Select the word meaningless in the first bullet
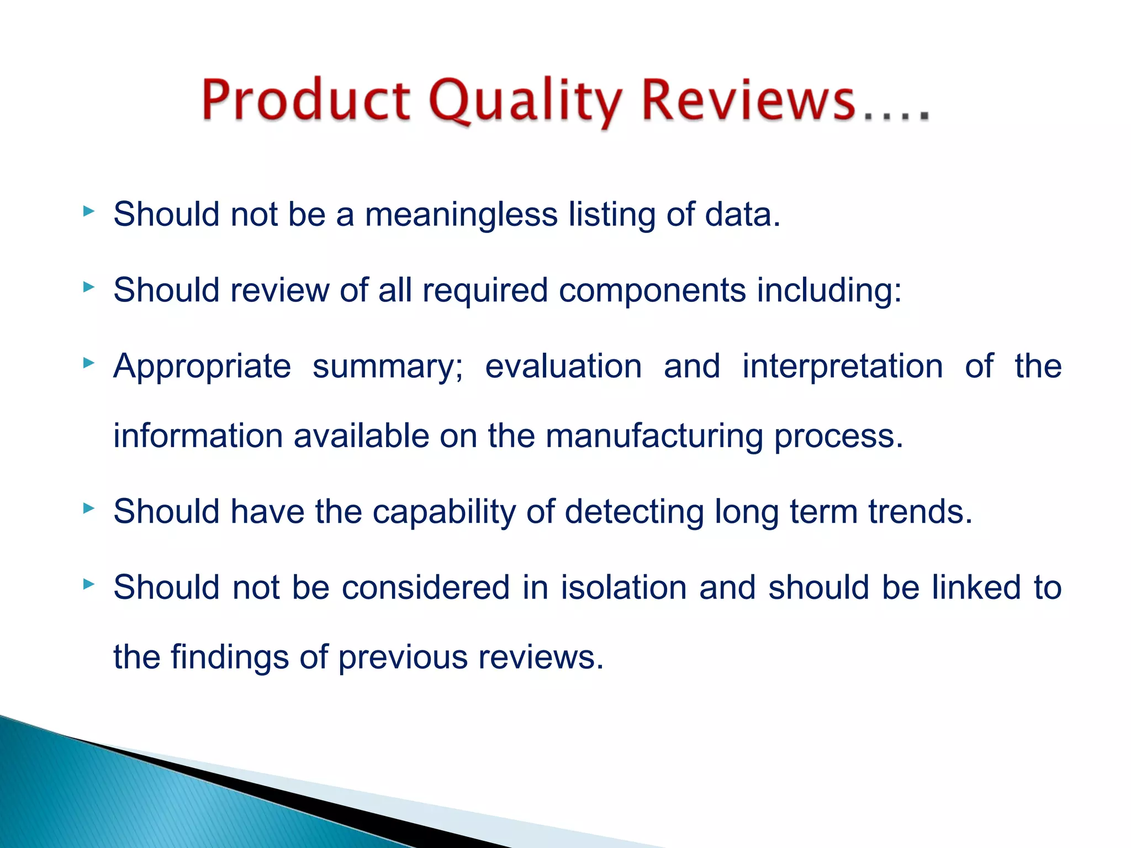(x=461, y=215)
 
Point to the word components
(x=652, y=290)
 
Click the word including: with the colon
(x=829, y=291)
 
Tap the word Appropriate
(x=202, y=367)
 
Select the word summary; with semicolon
(x=388, y=367)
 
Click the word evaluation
(x=563, y=366)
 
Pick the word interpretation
(x=842, y=366)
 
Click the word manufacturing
(x=654, y=436)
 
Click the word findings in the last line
(x=230, y=657)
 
